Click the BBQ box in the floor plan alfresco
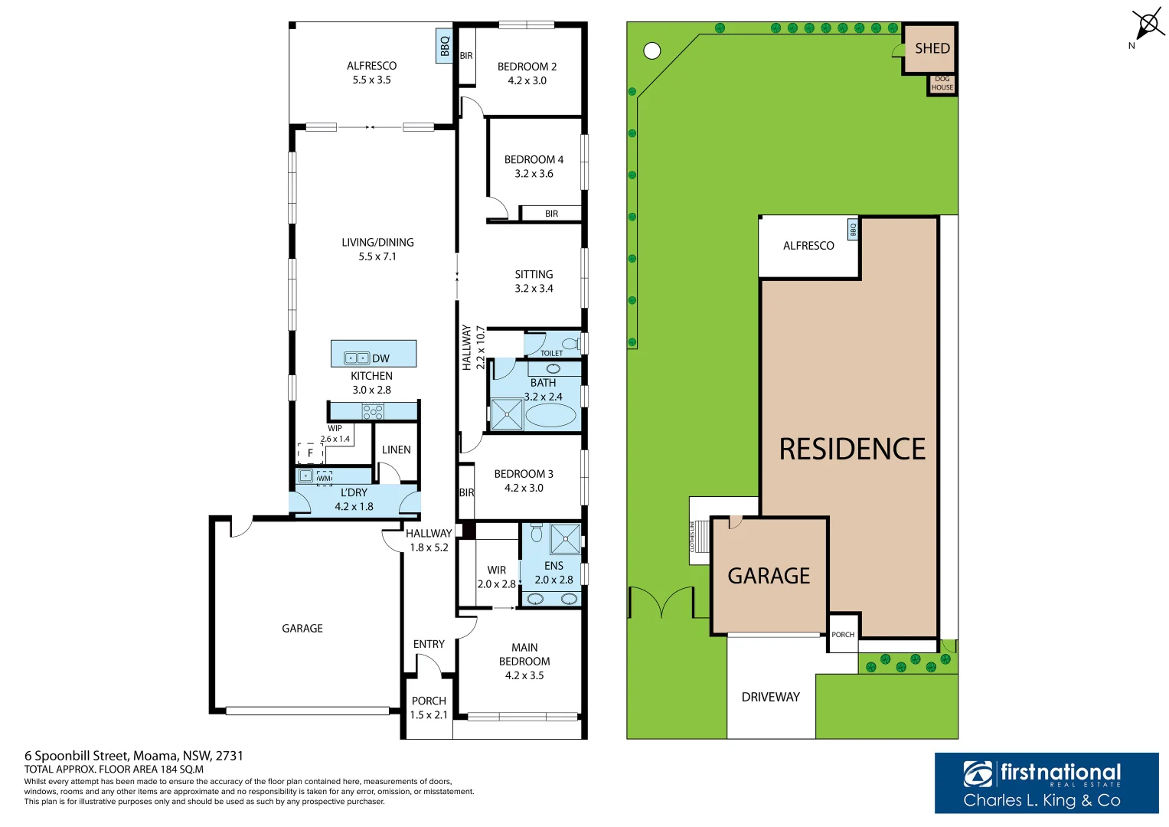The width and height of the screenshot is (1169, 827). point(444,46)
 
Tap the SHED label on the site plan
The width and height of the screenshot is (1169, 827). point(932,48)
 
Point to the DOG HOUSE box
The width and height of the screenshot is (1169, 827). point(942,83)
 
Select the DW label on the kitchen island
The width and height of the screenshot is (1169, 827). point(380,358)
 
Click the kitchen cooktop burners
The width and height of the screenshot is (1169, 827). point(373,411)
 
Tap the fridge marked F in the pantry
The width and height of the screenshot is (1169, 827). point(310,453)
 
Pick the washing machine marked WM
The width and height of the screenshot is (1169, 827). point(324,478)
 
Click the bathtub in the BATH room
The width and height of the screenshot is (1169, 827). point(550,416)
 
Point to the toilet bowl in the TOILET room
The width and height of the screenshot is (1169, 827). point(570,343)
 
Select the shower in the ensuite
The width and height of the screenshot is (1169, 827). point(565,538)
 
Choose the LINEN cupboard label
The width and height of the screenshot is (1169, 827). point(396,449)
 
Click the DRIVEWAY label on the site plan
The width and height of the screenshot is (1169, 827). point(770,697)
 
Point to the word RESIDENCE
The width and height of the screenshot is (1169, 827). point(852,449)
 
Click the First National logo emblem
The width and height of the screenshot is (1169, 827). point(978,773)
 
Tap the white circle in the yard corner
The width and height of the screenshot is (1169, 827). point(651,51)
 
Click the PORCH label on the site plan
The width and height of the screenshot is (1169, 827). point(842,634)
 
